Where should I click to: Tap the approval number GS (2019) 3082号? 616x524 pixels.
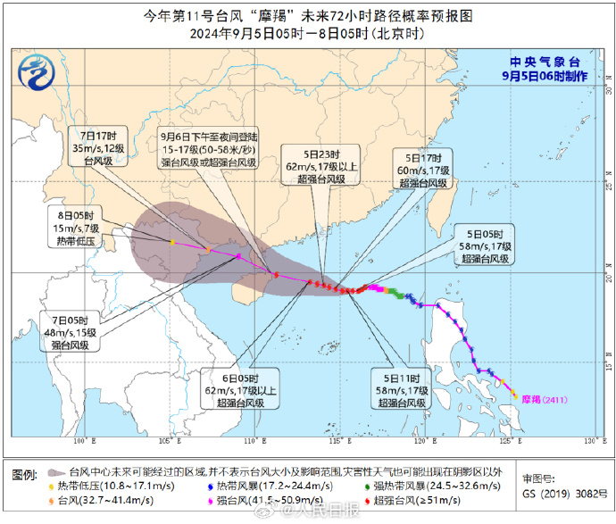pyautogui.click(x=559, y=493)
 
